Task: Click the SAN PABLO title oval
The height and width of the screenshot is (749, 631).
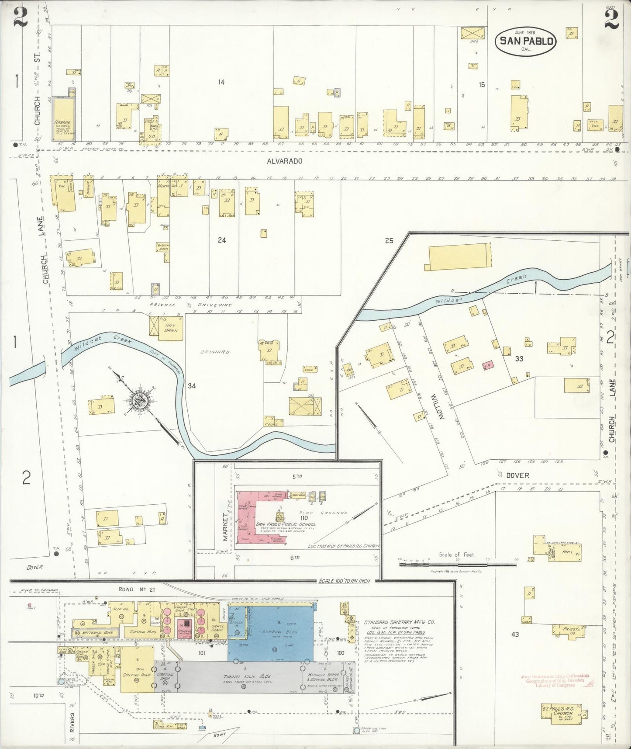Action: (x=526, y=41)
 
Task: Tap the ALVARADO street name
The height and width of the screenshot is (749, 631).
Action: (x=285, y=161)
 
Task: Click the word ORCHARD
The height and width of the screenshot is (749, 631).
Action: (x=215, y=352)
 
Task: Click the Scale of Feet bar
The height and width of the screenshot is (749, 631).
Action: (x=452, y=565)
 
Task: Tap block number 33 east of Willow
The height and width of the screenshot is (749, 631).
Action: (x=519, y=359)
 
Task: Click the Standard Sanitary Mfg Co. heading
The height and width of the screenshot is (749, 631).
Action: (x=400, y=622)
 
